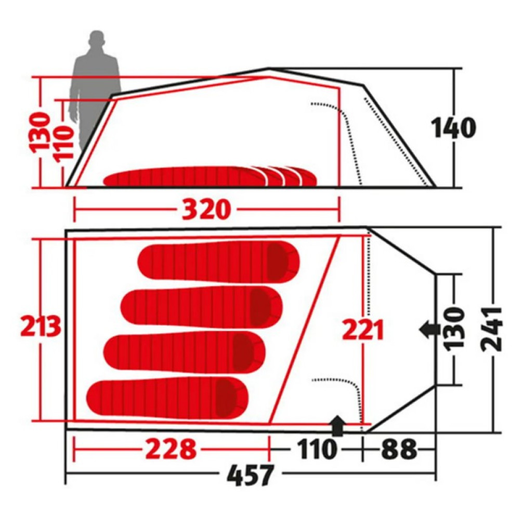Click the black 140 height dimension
(x=453, y=128)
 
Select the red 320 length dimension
(x=206, y=210)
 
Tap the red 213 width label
(x=41, y=326)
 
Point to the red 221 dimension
(x=362, y=330)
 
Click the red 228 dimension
(x=171, y=449)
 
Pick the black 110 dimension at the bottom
(x=317, y=449)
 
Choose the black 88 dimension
(x=399, y=449)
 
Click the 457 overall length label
(x=251, y=475)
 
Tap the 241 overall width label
(x=491, y=329)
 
